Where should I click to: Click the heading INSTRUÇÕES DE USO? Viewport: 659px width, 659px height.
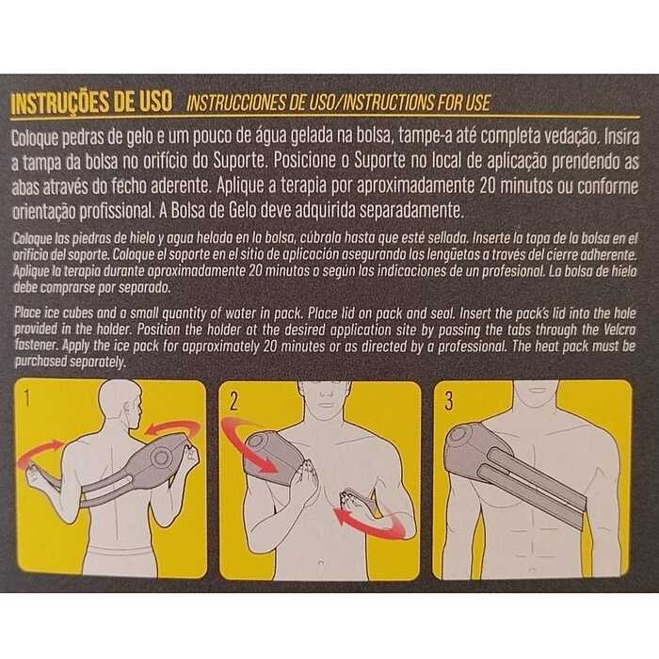coord(91,103)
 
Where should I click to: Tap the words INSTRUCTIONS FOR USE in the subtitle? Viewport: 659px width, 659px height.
coord(417,104)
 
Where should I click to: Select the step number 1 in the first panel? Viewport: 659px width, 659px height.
coord(27,397)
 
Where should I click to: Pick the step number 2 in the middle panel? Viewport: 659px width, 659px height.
coord(234,402)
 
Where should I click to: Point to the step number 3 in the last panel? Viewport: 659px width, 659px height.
coord(449,401)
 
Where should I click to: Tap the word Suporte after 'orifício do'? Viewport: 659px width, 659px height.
coord(239,161)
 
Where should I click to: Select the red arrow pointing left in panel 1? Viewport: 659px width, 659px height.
coord(172,428)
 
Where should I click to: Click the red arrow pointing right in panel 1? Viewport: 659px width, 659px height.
coord(39,451)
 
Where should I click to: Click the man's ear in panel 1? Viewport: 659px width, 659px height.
coord(126,409)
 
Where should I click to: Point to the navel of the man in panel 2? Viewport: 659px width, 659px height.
coord(321,562)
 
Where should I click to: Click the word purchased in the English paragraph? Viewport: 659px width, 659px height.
coord(40,362)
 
